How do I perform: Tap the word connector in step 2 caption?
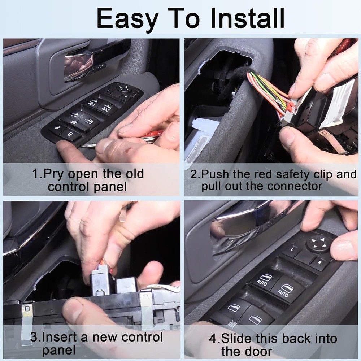[x=286, y=186]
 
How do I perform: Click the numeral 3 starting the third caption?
[x=34, y=337]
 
